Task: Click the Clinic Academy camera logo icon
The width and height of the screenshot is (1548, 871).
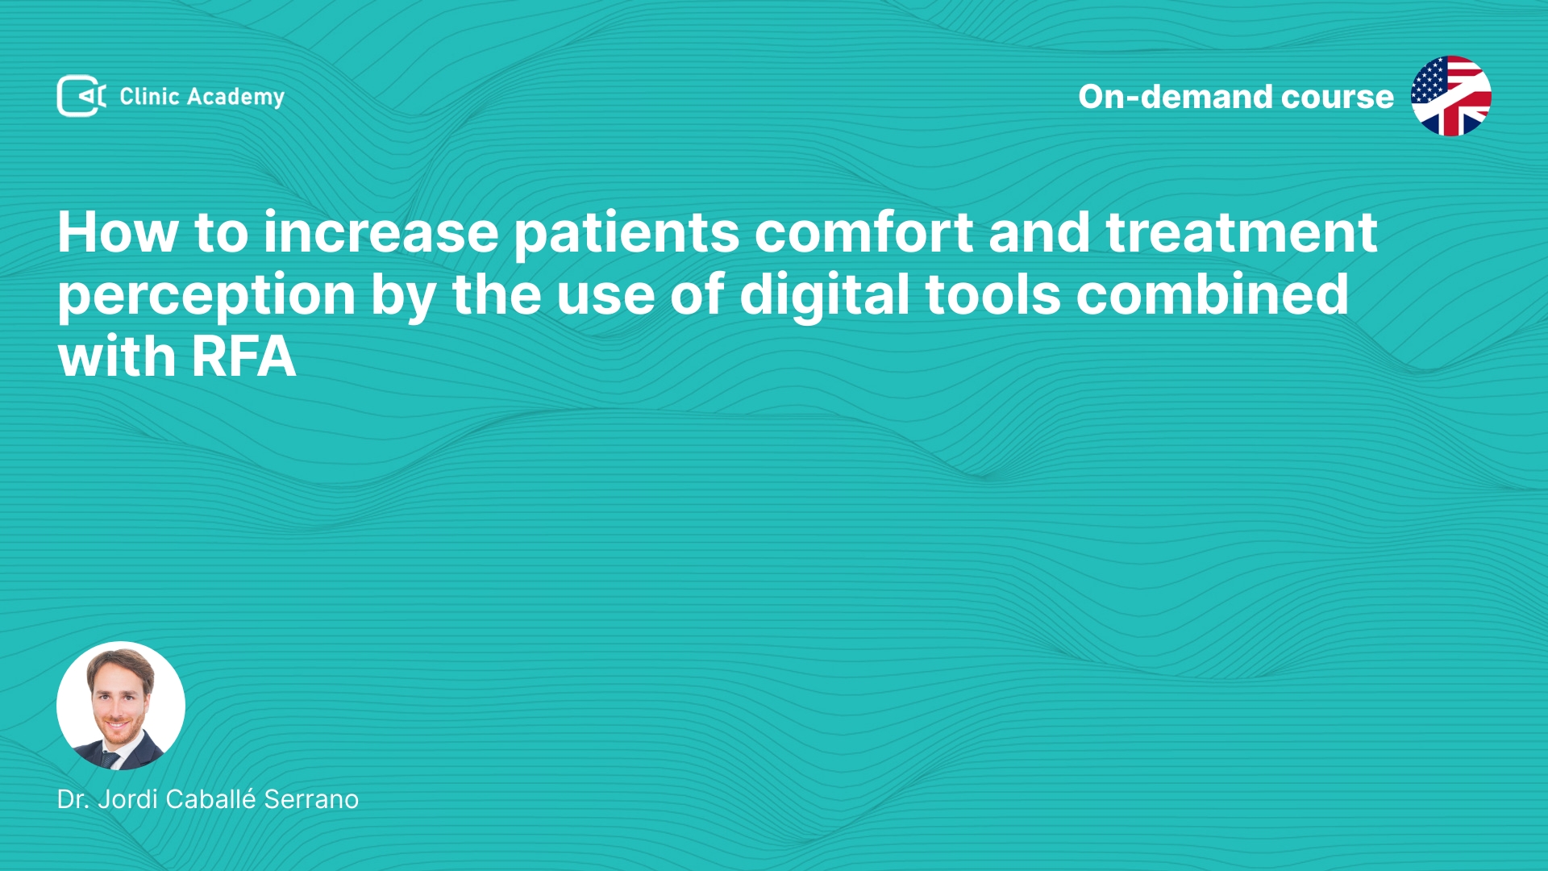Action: (81, 96)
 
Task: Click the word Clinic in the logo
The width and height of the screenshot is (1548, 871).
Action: (149, 96)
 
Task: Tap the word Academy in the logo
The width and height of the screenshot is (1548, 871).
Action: (235, 98)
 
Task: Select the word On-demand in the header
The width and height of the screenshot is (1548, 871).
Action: (1175, 97)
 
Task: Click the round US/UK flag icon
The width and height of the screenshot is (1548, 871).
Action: (1450, 96)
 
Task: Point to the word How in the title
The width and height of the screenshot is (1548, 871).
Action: (118, 232)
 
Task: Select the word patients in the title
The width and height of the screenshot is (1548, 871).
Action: (626, 234)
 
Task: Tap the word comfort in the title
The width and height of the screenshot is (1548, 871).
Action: (863, 232)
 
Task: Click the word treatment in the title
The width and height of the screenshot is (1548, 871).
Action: (1242, 233)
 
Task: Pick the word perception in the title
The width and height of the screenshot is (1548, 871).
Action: (206, 296)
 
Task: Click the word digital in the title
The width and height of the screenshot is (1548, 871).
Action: (825, 295)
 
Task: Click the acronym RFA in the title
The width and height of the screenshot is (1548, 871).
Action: (243, 356)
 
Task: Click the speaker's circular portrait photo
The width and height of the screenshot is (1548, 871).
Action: (121, 706)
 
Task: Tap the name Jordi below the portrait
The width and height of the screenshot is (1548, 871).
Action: (127, 799)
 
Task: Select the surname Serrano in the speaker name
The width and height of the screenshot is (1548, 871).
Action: (311, 799)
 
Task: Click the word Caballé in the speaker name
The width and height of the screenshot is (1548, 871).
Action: (211, 798)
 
